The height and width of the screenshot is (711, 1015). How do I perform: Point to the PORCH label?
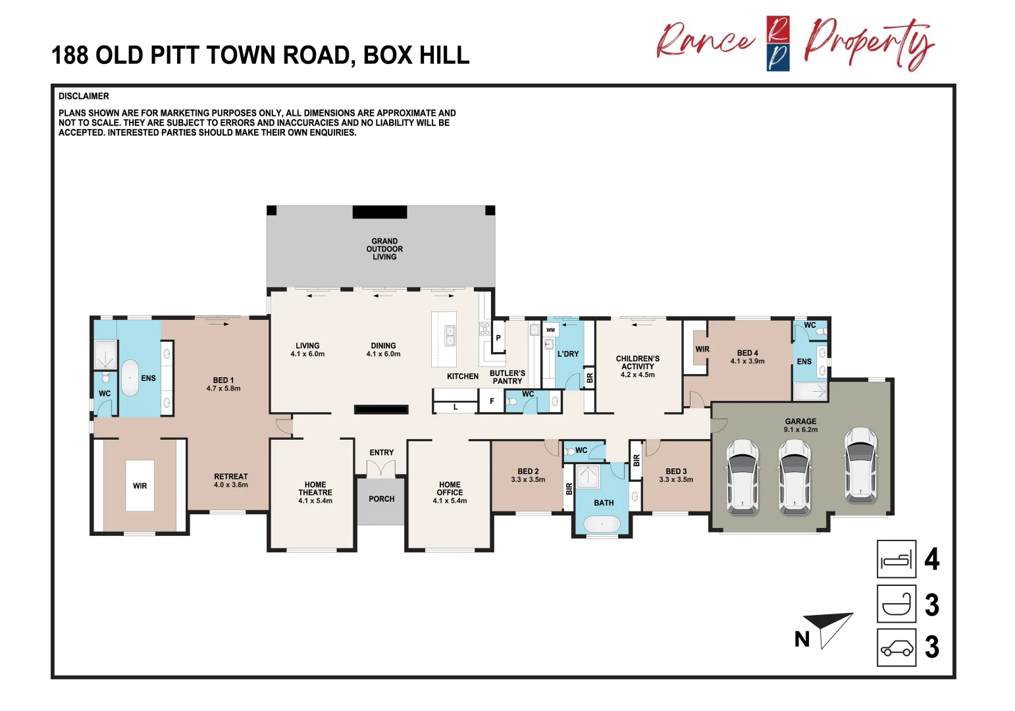pos(382,499)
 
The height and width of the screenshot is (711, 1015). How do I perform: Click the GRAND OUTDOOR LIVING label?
pos(384,249)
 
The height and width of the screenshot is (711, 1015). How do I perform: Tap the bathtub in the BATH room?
pos(602,524)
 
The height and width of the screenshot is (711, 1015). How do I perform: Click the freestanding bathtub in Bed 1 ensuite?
pos(130,378)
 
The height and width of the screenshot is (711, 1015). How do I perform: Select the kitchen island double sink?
pos(450,336)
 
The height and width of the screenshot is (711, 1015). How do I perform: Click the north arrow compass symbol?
pos(828,627)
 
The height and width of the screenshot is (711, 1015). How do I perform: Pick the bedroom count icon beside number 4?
pos(897,559)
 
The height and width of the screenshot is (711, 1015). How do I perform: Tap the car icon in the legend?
pos(897,648)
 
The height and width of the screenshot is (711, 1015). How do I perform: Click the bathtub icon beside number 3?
pos(897,604)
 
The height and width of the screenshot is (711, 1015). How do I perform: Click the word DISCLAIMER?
pos(84,96)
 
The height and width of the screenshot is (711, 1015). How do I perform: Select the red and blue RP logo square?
pos(778,43)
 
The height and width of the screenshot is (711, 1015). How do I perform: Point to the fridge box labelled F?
pos(492,401)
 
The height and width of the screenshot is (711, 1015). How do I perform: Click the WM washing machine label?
pos(550,330)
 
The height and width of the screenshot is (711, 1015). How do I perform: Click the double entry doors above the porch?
pos(381,468)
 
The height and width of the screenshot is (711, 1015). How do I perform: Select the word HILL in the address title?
pos(444,55)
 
